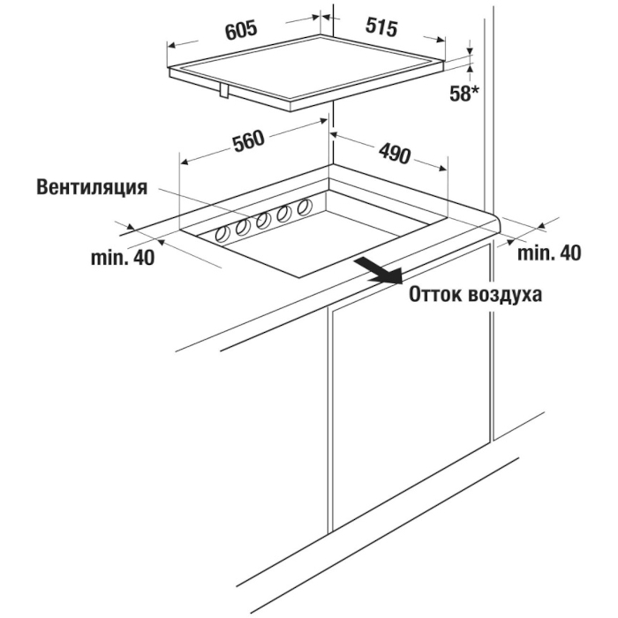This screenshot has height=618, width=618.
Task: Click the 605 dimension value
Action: (241, 30)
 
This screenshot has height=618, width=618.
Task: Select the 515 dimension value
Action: (381, 26)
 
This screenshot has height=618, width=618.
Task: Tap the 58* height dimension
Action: (464, 94)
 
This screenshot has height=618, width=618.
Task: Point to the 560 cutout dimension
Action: (248, 141)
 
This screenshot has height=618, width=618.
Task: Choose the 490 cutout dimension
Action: (395, 154)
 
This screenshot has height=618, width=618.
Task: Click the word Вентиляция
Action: (92, 187)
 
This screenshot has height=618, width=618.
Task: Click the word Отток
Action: (433, 294)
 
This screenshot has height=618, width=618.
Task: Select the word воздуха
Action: (504, 295)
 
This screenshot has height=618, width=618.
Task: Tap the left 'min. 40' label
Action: (123, 258)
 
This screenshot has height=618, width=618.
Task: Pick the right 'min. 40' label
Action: (549, 252)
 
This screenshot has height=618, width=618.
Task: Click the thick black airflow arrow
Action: (379, 271)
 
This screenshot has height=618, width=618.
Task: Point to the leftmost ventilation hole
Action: (223, 235)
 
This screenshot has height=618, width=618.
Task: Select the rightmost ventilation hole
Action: (305, 207)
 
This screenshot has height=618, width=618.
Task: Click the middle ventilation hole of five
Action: (263, 221)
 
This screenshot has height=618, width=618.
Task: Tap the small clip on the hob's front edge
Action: (224, 90)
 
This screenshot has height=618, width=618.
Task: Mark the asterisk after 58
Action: (475, 89)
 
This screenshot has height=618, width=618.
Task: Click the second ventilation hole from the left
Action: (243, 228)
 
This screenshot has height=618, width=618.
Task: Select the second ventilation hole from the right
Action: (283, 214)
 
